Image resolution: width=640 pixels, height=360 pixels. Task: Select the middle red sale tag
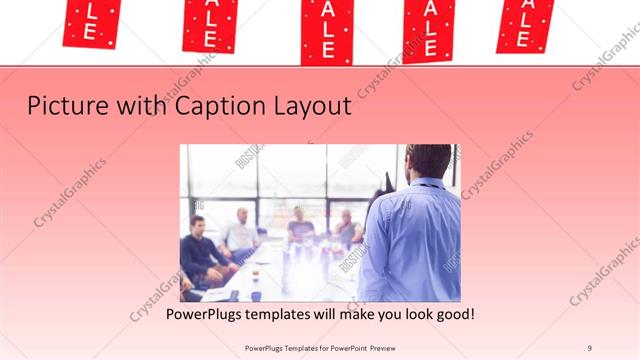pyautogui.click(x=327, y=30)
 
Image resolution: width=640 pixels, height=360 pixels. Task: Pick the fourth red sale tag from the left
pyautogui.click(x=429, y=28)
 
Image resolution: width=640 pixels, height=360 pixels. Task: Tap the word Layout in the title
pyautogui.click(x=309, y=105)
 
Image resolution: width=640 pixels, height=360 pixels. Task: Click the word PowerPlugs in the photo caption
pyautogui.click(x=205, y=314)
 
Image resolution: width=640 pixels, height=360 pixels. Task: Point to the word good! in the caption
pyautogui.click(x=452, y=314)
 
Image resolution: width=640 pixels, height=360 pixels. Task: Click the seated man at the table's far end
pyautogui.click(x=299, y=228)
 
